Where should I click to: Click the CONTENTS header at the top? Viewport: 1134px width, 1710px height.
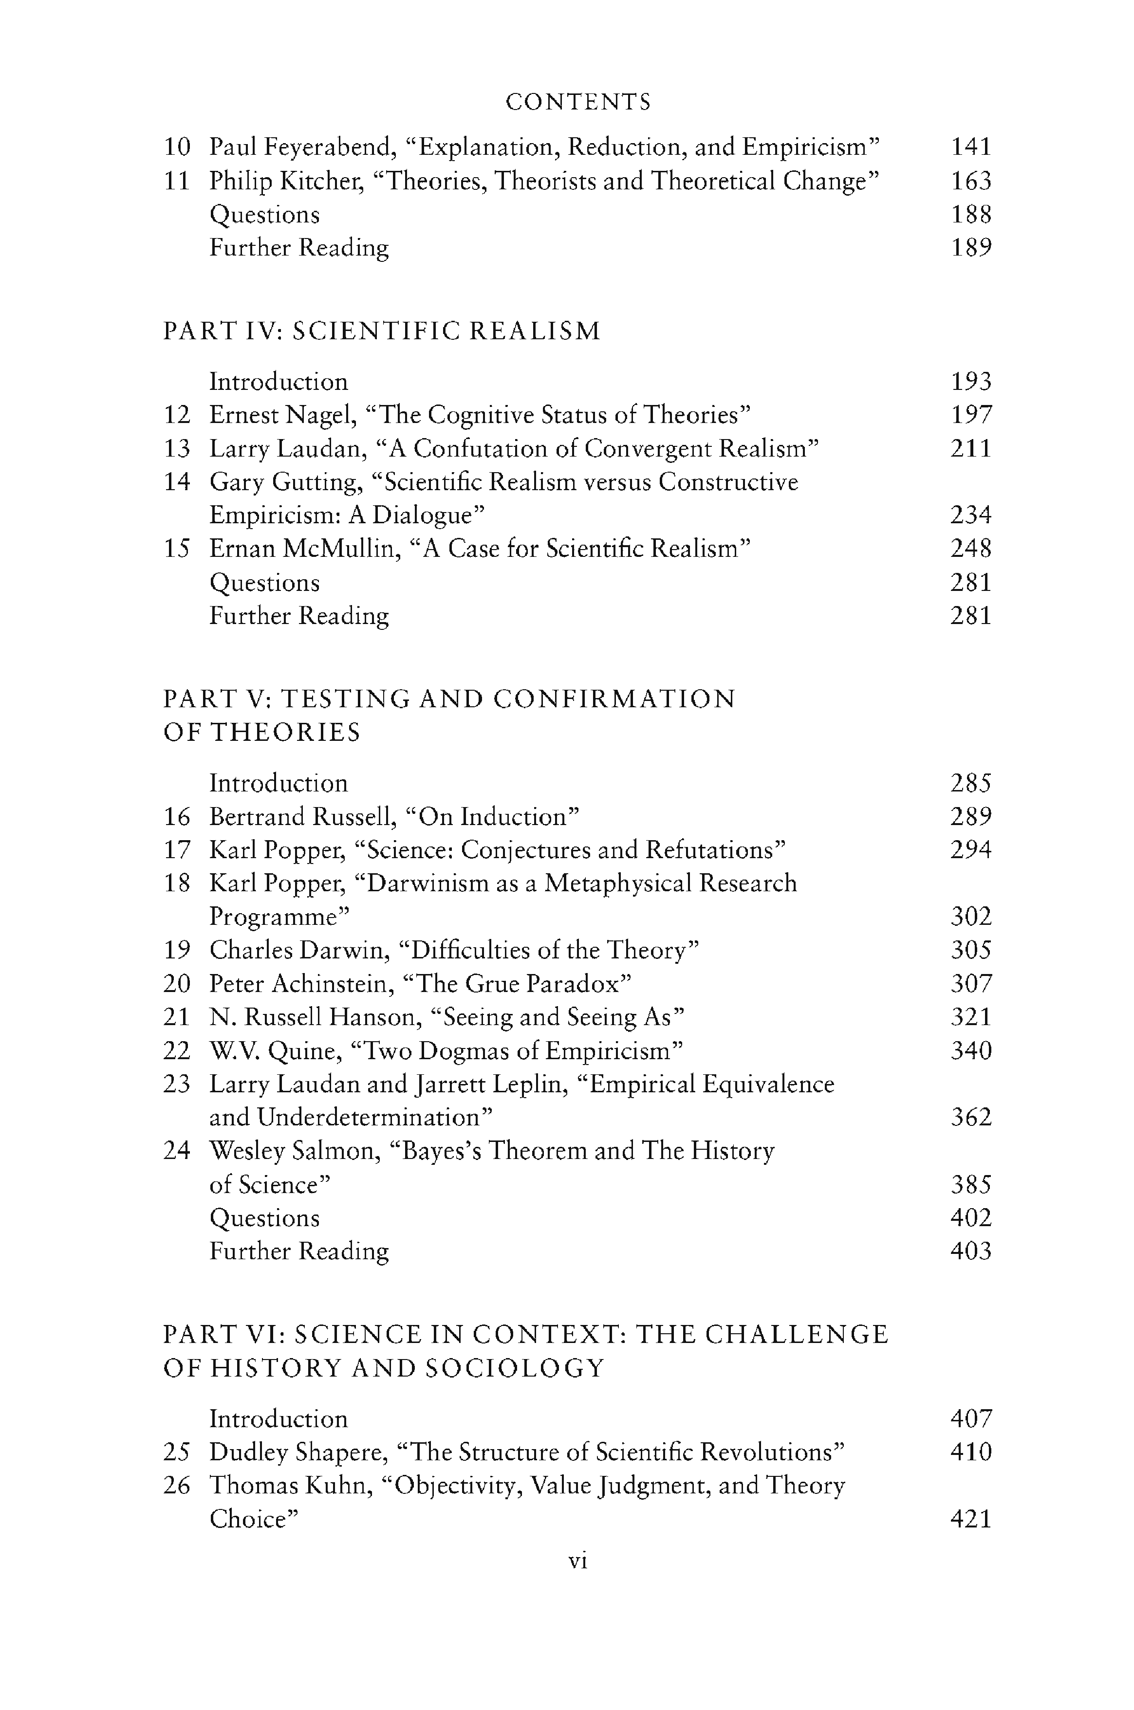[578, 102]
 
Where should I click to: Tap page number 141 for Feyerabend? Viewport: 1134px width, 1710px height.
[970, 147]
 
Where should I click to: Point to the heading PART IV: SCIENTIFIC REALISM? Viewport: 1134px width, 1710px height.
[382, 331]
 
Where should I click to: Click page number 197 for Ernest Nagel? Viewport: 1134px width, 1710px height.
[970, 415]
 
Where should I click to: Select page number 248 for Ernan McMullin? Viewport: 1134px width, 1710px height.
[970, 549]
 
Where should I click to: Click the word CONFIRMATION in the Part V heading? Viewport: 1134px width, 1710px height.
[615, 699]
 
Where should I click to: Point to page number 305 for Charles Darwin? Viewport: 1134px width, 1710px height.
[970, 950]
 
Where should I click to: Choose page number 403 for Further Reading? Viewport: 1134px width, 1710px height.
[970, 1251]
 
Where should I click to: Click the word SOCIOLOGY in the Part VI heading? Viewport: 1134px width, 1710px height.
[514, 1369]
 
